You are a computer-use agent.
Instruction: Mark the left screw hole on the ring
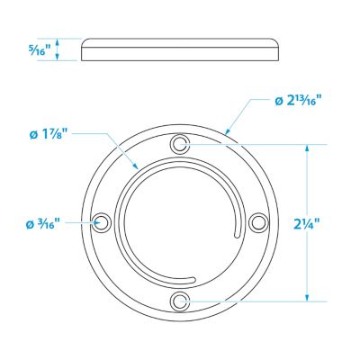(101, 221)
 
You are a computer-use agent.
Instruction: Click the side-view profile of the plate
(180, 49)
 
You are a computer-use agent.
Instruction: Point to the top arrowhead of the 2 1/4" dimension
(309, 146)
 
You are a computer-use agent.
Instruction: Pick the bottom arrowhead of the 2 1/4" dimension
(309, 297)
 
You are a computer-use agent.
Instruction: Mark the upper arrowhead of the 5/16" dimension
(58, 40)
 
